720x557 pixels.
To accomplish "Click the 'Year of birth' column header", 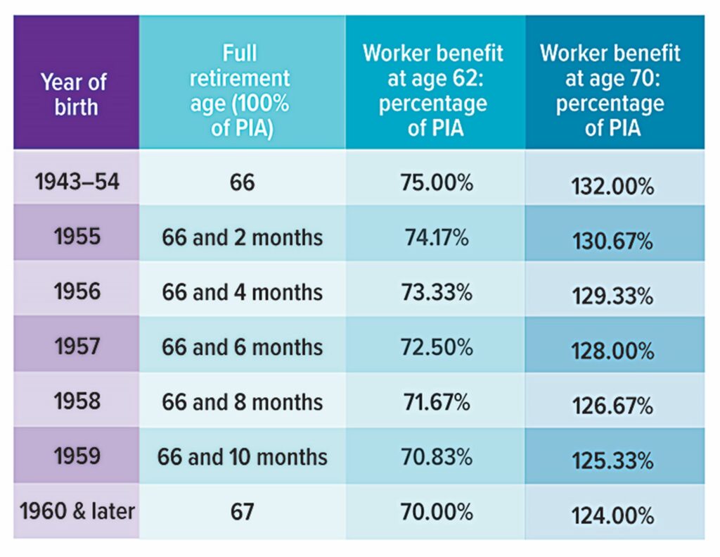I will (74, 94).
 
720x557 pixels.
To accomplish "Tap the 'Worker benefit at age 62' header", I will (433, 91).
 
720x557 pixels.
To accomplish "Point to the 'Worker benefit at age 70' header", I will (610, 91).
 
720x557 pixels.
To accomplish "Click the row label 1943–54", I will (77, 182).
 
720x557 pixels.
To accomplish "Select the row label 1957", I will (77, 346).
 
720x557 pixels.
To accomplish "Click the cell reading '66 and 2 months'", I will (242, 237).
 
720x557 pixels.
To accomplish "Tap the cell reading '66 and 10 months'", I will (242, 456).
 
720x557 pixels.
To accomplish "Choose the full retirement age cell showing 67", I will (241, 512).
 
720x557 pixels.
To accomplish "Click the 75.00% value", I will (436, 183).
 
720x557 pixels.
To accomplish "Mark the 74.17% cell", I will (436, 237).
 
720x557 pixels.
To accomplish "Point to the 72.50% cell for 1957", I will (436, 346).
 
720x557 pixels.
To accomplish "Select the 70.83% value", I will (436, 456).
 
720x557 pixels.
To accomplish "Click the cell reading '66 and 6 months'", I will (242, 347).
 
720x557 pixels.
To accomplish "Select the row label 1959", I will (77, 456).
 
